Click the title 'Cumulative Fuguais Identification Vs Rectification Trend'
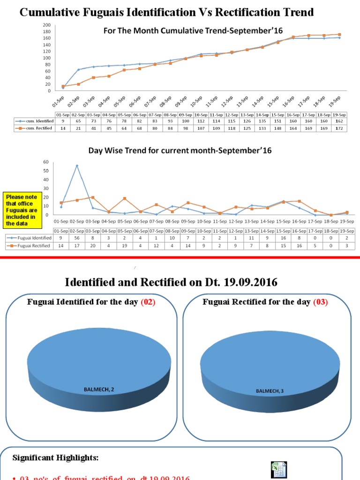[x=166, y=12]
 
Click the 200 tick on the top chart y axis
[x=47, y=25]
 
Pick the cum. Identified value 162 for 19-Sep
[x=339, y=121]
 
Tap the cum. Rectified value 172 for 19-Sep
[x=339, y=128]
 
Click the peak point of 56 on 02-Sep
[x=77, y=165]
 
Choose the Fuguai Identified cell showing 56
[x=77, y=238]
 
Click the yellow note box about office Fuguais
[x=22, y=210]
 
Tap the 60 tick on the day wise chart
[x=46, y=162]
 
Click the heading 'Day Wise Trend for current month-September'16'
[x=180, y=151]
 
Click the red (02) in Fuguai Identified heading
[x=148, y=302]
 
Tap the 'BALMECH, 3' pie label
[x=270, y=390]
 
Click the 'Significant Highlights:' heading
[x=52, y=457]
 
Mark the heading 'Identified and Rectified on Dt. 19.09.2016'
[x=171, y=282]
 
